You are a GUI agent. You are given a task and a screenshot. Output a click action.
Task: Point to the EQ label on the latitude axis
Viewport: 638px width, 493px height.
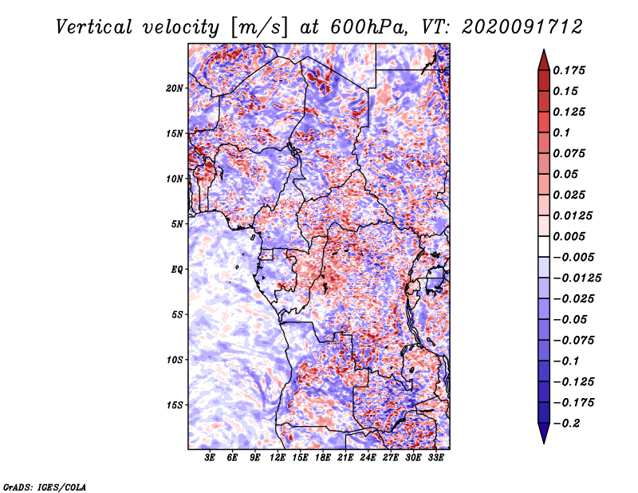177,270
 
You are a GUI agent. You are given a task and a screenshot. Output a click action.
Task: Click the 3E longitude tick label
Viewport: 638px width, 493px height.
211,459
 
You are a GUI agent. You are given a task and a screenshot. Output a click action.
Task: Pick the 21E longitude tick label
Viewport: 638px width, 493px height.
346,459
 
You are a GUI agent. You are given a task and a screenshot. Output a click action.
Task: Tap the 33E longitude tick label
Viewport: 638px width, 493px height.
436,459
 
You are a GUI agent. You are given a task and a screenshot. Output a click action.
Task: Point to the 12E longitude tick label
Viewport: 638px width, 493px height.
278,459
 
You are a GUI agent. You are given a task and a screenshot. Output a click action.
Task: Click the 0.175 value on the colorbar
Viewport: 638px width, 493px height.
571,70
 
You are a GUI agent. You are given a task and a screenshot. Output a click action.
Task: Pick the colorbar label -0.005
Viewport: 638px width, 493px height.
576,257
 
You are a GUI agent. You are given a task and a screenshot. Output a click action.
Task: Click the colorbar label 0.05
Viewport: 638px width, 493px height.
567,174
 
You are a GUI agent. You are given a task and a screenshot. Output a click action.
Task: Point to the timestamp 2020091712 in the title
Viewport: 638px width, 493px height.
514,26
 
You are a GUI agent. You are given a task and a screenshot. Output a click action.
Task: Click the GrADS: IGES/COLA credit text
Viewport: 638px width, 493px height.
44,486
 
